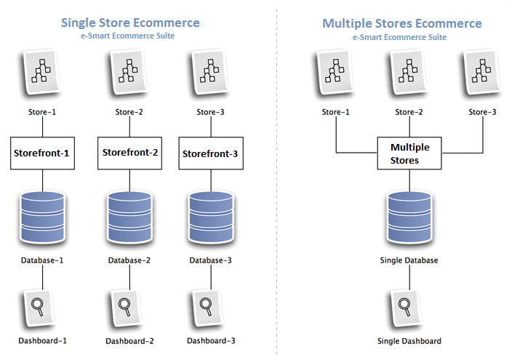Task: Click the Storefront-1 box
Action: point(42,153)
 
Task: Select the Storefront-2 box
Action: point(130,153)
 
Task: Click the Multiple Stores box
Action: point(409,153)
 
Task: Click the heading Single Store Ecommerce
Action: point(130,23)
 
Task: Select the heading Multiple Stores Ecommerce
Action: point(401,23)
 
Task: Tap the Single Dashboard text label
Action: point(409,340)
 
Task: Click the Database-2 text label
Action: point(130,260)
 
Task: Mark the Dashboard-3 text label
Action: point(212,340)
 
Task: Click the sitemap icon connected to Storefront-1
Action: point(43,73)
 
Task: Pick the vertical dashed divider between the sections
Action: point(277,182)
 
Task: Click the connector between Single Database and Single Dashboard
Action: point(409,276)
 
